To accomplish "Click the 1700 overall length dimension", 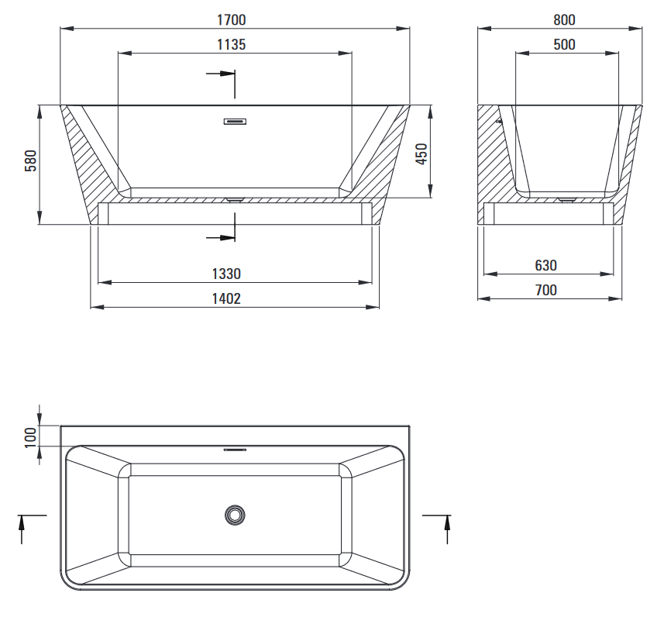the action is pyautogui.click(x=231, y=20).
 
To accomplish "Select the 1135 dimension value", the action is pyautogui.click(x=231, y=44).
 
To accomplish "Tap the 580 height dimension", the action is pyautogui.click(x=31, y=160).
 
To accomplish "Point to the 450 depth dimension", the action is pyautogui.click(x=421, y=153).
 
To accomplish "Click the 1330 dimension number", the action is pyautogui.click(x=226, y=274).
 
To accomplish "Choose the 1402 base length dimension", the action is pyautogui.click(x=226, y=298).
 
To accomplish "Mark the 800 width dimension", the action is pyautogui.click(x=564, y=20).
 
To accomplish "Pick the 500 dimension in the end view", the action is pyautogui.click(x=564, y=44).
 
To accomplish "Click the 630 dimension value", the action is pyautogui.click(x=546, y=265).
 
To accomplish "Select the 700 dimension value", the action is pyautogui.click(x=546, y=290).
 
